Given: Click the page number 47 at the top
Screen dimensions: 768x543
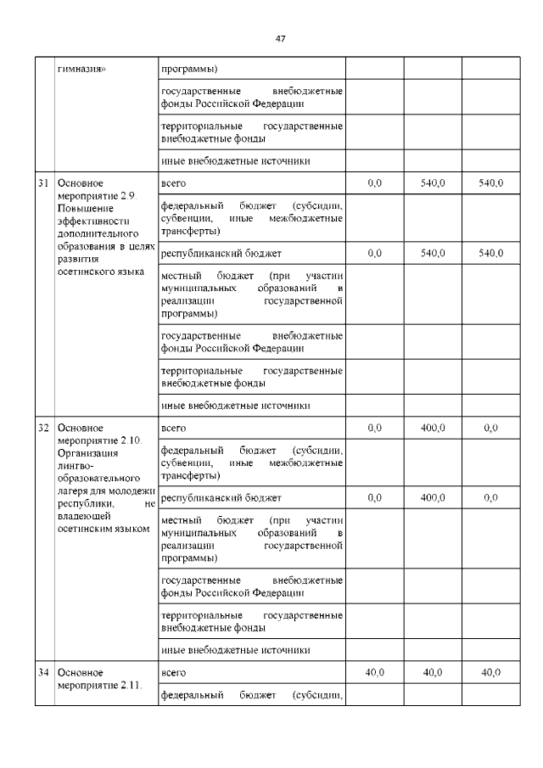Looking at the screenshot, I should tap(281, 38).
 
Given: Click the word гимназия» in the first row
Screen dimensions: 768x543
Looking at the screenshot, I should tap(81, 68).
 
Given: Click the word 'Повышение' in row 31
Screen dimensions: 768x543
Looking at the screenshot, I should tap(82, 208).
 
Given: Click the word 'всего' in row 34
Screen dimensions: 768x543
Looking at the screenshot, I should tap(173, 672).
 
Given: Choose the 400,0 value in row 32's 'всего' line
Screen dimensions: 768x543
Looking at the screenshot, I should tap(433, 428).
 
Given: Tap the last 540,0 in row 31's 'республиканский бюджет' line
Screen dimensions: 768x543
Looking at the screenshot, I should tap(490, 253).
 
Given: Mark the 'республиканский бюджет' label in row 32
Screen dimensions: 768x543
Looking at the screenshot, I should tap(221, 497).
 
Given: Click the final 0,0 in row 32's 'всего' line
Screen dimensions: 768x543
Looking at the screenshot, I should tap(490, 428).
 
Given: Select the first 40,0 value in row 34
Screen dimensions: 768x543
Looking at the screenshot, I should tap(374, 672).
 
